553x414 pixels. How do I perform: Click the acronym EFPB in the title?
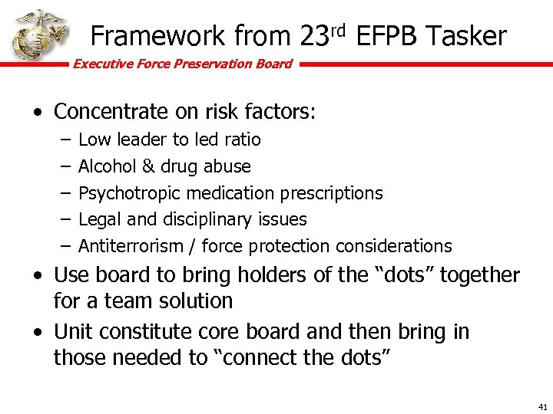pos(387,36)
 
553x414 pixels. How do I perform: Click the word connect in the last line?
pos(263,357)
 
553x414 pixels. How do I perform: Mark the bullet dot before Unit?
pos(38,333)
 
